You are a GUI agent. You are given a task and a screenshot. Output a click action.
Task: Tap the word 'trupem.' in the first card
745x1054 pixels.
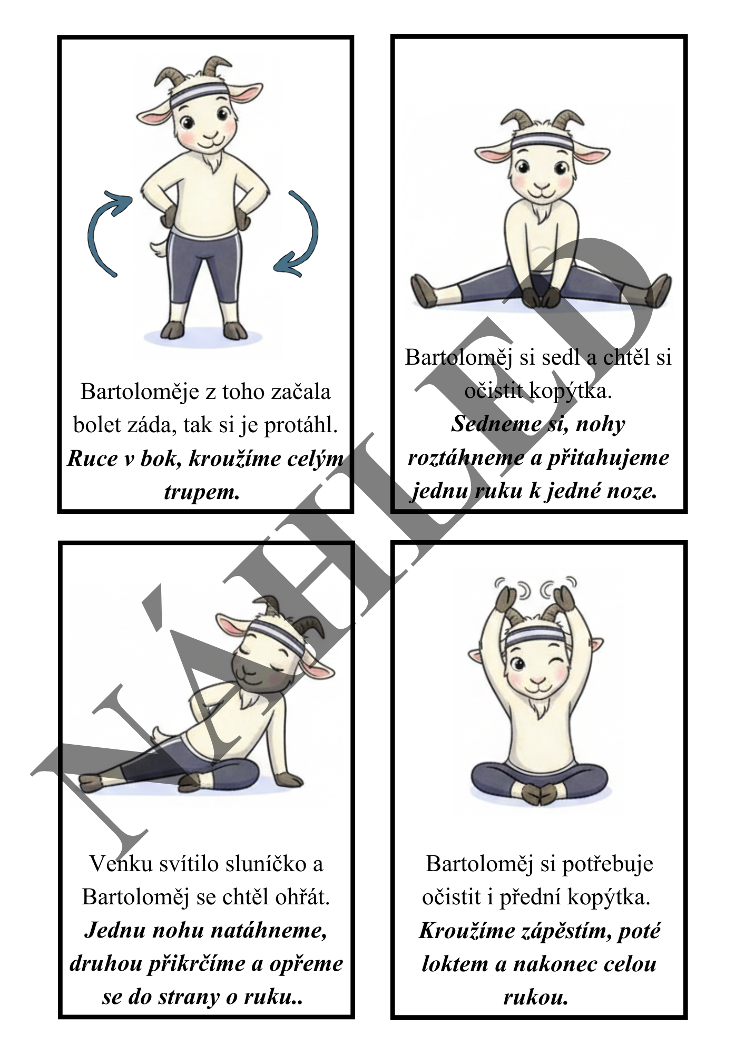(202, 492)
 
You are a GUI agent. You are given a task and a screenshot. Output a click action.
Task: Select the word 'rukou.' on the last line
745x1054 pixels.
(536, 998)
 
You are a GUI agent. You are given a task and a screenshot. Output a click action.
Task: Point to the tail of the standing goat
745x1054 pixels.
(159, 248)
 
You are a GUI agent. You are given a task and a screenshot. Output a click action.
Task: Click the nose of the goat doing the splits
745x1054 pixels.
(542, 186)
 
